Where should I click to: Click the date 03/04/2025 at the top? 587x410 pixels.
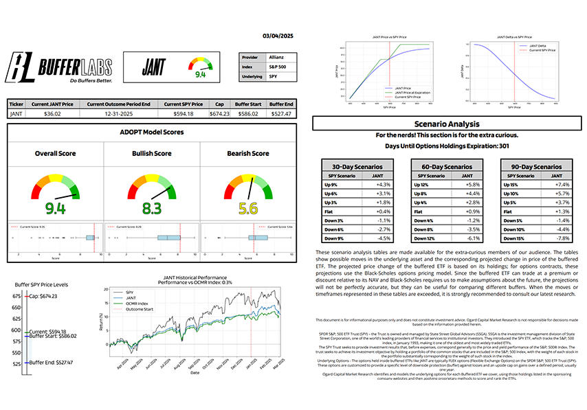(x=278, y=36)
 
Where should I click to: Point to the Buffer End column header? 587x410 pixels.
(x=281, y=104)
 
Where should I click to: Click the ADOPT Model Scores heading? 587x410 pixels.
(x=152, y=132)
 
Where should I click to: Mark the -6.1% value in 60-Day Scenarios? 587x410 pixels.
(x=463, y=238)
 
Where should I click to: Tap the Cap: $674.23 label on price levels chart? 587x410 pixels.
(x=43, y=297)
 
